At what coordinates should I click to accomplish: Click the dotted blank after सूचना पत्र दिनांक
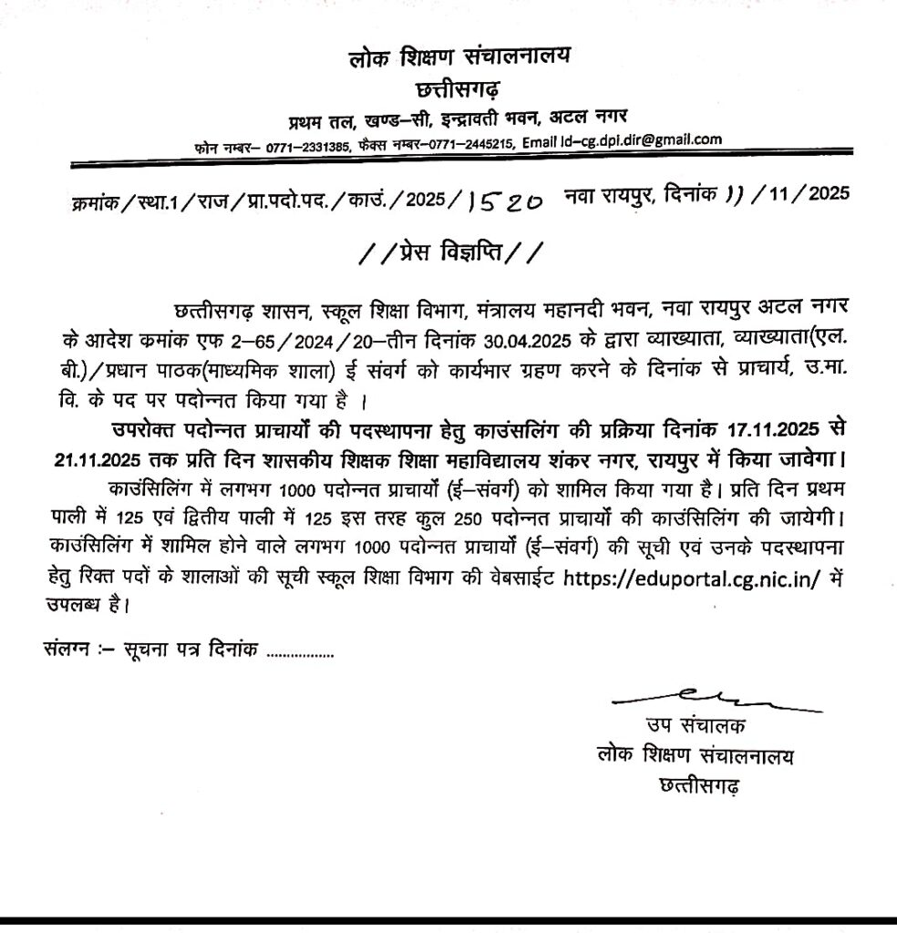click(x=298, y=652)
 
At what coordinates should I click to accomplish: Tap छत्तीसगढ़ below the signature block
click(x=697, y=784)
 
